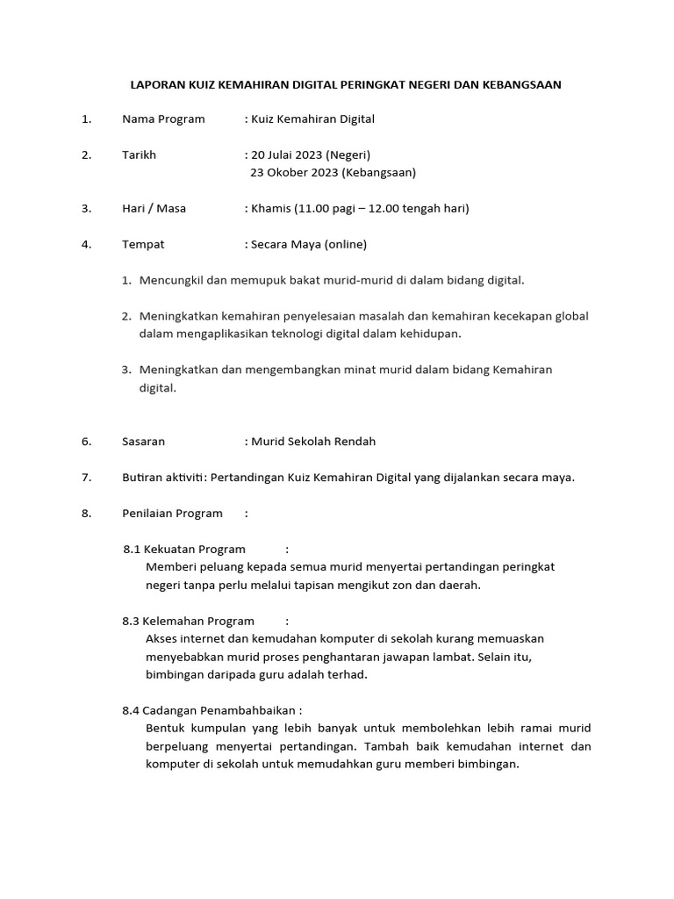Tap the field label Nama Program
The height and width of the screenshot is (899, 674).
click(163, 119)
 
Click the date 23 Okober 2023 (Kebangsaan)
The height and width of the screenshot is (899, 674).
click(333, 172)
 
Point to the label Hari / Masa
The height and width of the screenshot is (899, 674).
click(154, 208)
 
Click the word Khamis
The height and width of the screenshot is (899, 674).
click(271, 208)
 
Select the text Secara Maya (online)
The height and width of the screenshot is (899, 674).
click(309, 244)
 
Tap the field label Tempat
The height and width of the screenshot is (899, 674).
click(143, 244)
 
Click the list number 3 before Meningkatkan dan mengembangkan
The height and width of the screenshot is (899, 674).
click(126, 370)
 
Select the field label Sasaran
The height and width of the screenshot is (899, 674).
click(143, 441)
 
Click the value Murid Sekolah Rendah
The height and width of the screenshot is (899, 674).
click(313, 441)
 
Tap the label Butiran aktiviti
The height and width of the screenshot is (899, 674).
click(161, 477)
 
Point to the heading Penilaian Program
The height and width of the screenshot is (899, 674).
click(172, 513)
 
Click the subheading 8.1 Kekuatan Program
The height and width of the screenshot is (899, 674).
click(184, 549)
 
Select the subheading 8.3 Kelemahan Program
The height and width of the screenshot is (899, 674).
click(188, 621)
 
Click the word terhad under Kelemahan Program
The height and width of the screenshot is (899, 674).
click(347, 674)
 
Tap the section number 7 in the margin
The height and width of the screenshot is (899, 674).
click(86, 477)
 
